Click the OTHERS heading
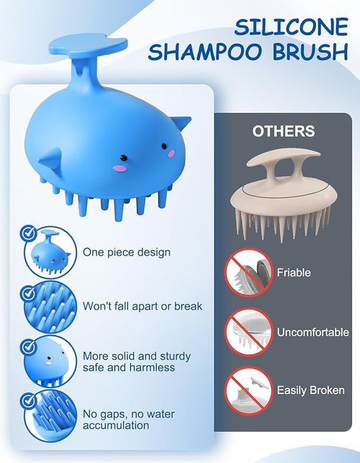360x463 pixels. click(x=284, y=131)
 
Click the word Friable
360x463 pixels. click(x=294, y=272)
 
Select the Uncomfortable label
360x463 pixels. click(x=313, y=332)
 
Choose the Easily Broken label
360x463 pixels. click(x=311, y=390)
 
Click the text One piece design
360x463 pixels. click(x=126, y=252)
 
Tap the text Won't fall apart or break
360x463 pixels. click(x=143, y=306)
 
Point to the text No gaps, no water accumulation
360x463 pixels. click(x=116, y=419)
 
